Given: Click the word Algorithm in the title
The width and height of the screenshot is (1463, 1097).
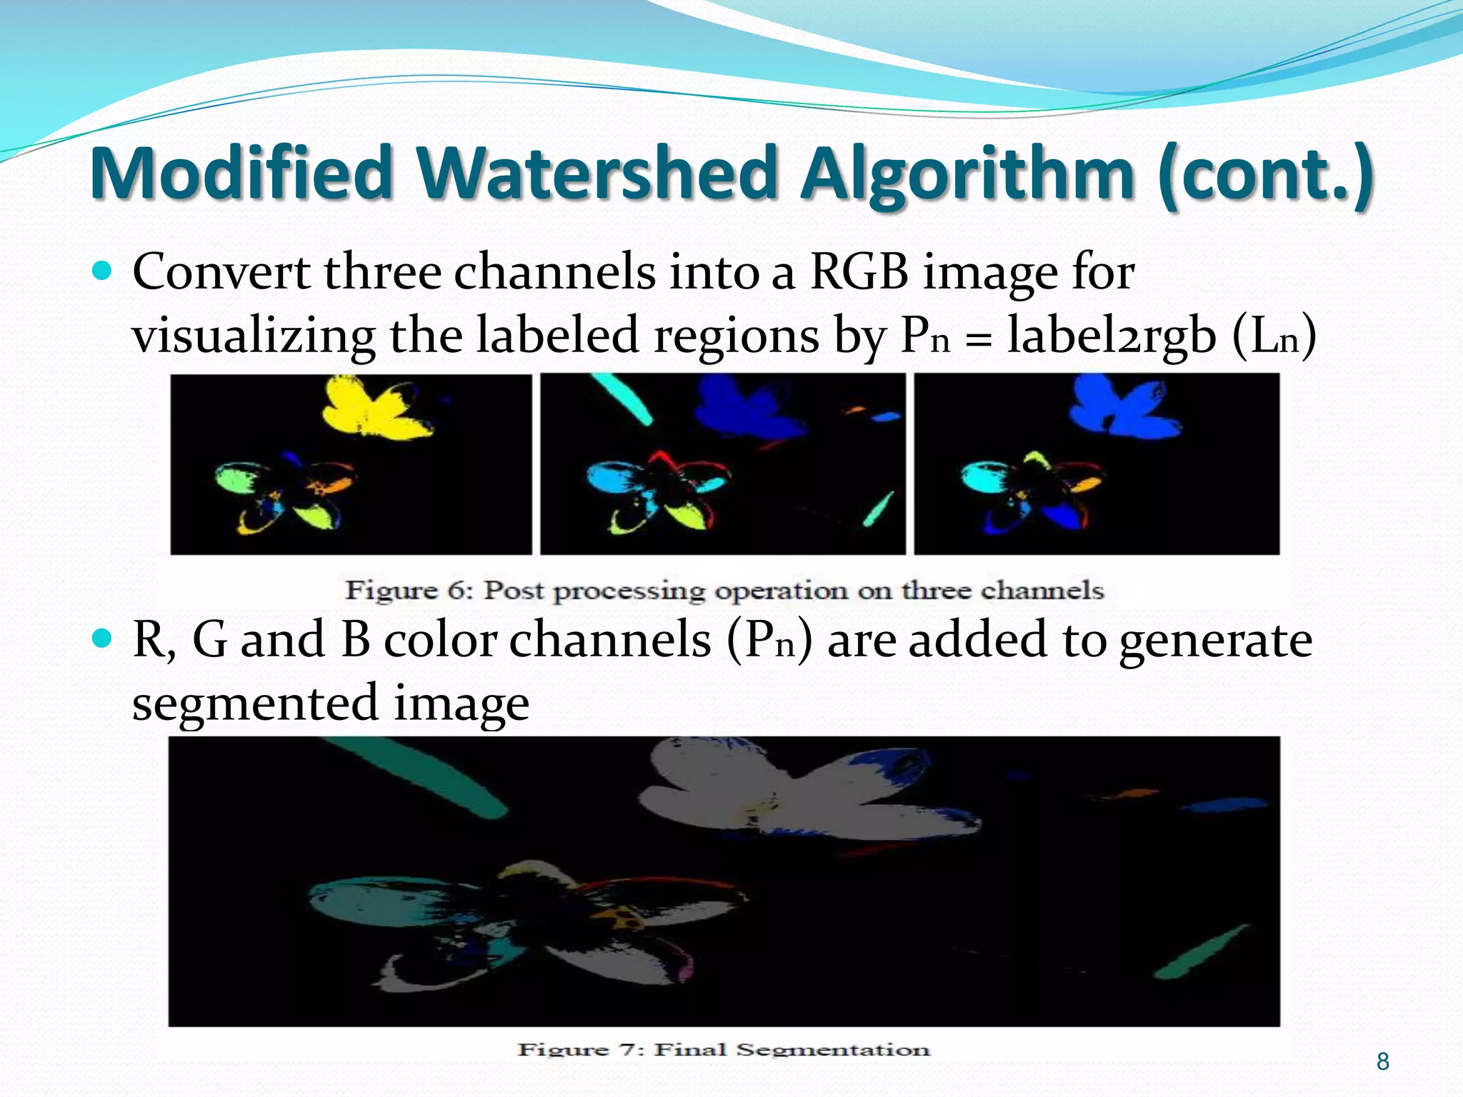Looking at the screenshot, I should coord(968,174).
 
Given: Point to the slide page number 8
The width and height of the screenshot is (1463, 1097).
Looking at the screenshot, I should coord(1382,1062).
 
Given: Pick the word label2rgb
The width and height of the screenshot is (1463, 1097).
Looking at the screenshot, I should coord(1111,336).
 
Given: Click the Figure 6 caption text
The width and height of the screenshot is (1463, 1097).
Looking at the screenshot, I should coord(724,591).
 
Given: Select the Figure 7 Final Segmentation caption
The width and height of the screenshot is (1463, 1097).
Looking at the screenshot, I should coord(724,1049).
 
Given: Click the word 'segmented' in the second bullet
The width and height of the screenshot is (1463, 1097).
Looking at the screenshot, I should coord(255,703).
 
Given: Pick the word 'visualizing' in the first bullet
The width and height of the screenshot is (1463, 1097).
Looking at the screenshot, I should coord(254,336).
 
